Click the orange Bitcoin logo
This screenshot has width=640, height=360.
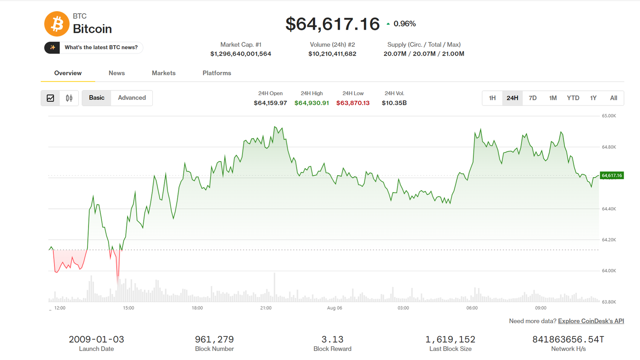click(x=56, y=24)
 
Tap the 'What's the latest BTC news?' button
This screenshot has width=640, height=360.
click(x=94, y=48)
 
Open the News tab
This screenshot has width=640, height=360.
click(x=116, y=73)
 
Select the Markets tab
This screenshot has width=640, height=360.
click(x=164, y=73)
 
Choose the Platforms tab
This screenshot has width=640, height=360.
click(x=217, y=73)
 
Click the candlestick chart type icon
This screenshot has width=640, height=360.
click(x=69, y=98)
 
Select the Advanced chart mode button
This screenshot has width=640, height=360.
click(x=132, y=98)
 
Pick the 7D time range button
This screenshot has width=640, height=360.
click(x=532, y=98)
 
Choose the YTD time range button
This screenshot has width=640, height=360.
click(x=573, y=98)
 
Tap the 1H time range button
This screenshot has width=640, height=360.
click(x=492, y=98)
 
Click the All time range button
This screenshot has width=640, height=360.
click(x=614, y=98)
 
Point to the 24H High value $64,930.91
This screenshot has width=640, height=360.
click(x=312, y=103)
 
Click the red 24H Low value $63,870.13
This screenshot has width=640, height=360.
click(x=353, y=103)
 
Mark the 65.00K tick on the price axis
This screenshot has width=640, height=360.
click(x=609, y=116)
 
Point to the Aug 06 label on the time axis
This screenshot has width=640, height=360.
click(x=334, y=308)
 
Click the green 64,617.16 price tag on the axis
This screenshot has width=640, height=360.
click(x=612, y=176)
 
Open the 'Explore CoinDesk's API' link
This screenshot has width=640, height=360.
click(x=591, y=321)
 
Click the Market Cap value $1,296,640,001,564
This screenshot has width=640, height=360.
click(x=240, y=54)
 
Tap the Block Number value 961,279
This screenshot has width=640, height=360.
click(x=214, y=340)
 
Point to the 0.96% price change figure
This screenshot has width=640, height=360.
click(x=404, y=24)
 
